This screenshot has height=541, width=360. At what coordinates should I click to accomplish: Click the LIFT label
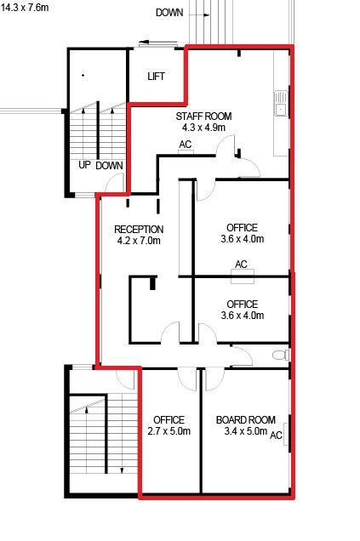[156, 77]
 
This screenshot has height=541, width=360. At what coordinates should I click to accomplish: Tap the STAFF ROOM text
[203, 117]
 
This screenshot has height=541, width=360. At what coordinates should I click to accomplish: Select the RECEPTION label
[139, 230]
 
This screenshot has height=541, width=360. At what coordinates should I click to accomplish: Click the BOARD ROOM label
[246, 420]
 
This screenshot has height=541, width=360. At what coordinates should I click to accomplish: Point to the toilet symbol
[281, 355]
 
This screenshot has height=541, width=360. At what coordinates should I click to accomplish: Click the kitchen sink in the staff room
[282, 103]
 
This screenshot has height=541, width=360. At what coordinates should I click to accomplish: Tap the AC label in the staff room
[186, 145]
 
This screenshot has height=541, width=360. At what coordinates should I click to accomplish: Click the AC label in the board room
[276, 435]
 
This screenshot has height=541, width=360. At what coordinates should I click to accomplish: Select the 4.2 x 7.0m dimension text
[139, 241]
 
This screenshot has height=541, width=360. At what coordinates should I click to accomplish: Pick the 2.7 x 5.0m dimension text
[169, 431]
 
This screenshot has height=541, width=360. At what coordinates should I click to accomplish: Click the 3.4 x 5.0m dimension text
[246, 431]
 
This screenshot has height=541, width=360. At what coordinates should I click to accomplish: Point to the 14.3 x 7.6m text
[25, 8]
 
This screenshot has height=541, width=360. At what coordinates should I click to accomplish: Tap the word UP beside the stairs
[84, 165]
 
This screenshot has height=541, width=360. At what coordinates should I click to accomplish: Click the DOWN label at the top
[169, 13]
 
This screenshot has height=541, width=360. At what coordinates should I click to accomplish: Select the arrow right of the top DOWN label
[199, 15]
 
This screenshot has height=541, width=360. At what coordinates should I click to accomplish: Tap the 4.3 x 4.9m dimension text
[203, 128]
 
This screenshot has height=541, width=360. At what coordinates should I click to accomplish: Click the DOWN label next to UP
[109, 166]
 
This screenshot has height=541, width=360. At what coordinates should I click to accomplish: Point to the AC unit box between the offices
[243, 276]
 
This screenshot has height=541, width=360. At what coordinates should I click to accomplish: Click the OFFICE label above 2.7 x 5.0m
[169, 420]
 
